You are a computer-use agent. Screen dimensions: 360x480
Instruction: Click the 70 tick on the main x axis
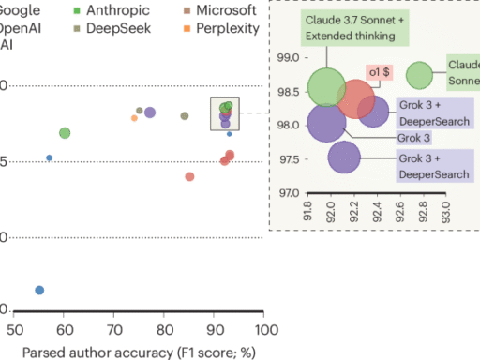tap(114, 330)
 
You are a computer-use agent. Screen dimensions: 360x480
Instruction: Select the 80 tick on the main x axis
tap(165, 330)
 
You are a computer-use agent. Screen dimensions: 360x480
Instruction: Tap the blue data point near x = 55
tap(39, 291)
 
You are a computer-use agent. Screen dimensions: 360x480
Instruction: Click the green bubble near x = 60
tap(65, 133)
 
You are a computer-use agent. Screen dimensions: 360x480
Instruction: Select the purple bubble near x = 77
tap(150, 112)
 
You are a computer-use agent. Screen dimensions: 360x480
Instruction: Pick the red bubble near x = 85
tap(190, 176)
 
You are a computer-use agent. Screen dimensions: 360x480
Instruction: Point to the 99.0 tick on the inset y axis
tap(287, 58)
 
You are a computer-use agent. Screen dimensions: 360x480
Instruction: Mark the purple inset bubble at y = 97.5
tap(344, 157)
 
